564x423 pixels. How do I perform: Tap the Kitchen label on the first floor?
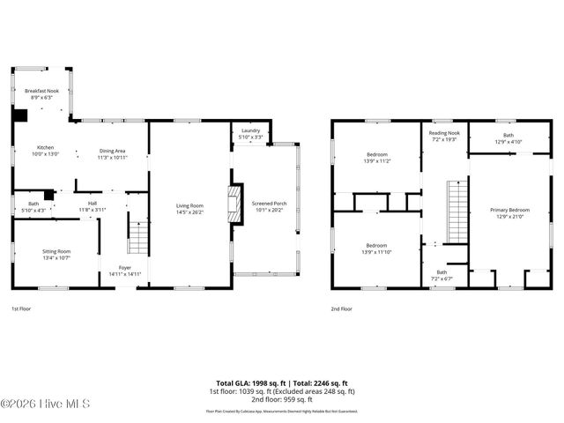tap(46, 147)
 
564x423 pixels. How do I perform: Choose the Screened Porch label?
tap(269, 204)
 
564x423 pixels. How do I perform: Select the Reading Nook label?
tap(444, 133)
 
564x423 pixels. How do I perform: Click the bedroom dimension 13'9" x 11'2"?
tap(376, 161)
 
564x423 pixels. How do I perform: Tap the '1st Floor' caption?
tap(22, 309)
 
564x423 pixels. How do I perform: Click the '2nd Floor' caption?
tap(341, 309)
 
